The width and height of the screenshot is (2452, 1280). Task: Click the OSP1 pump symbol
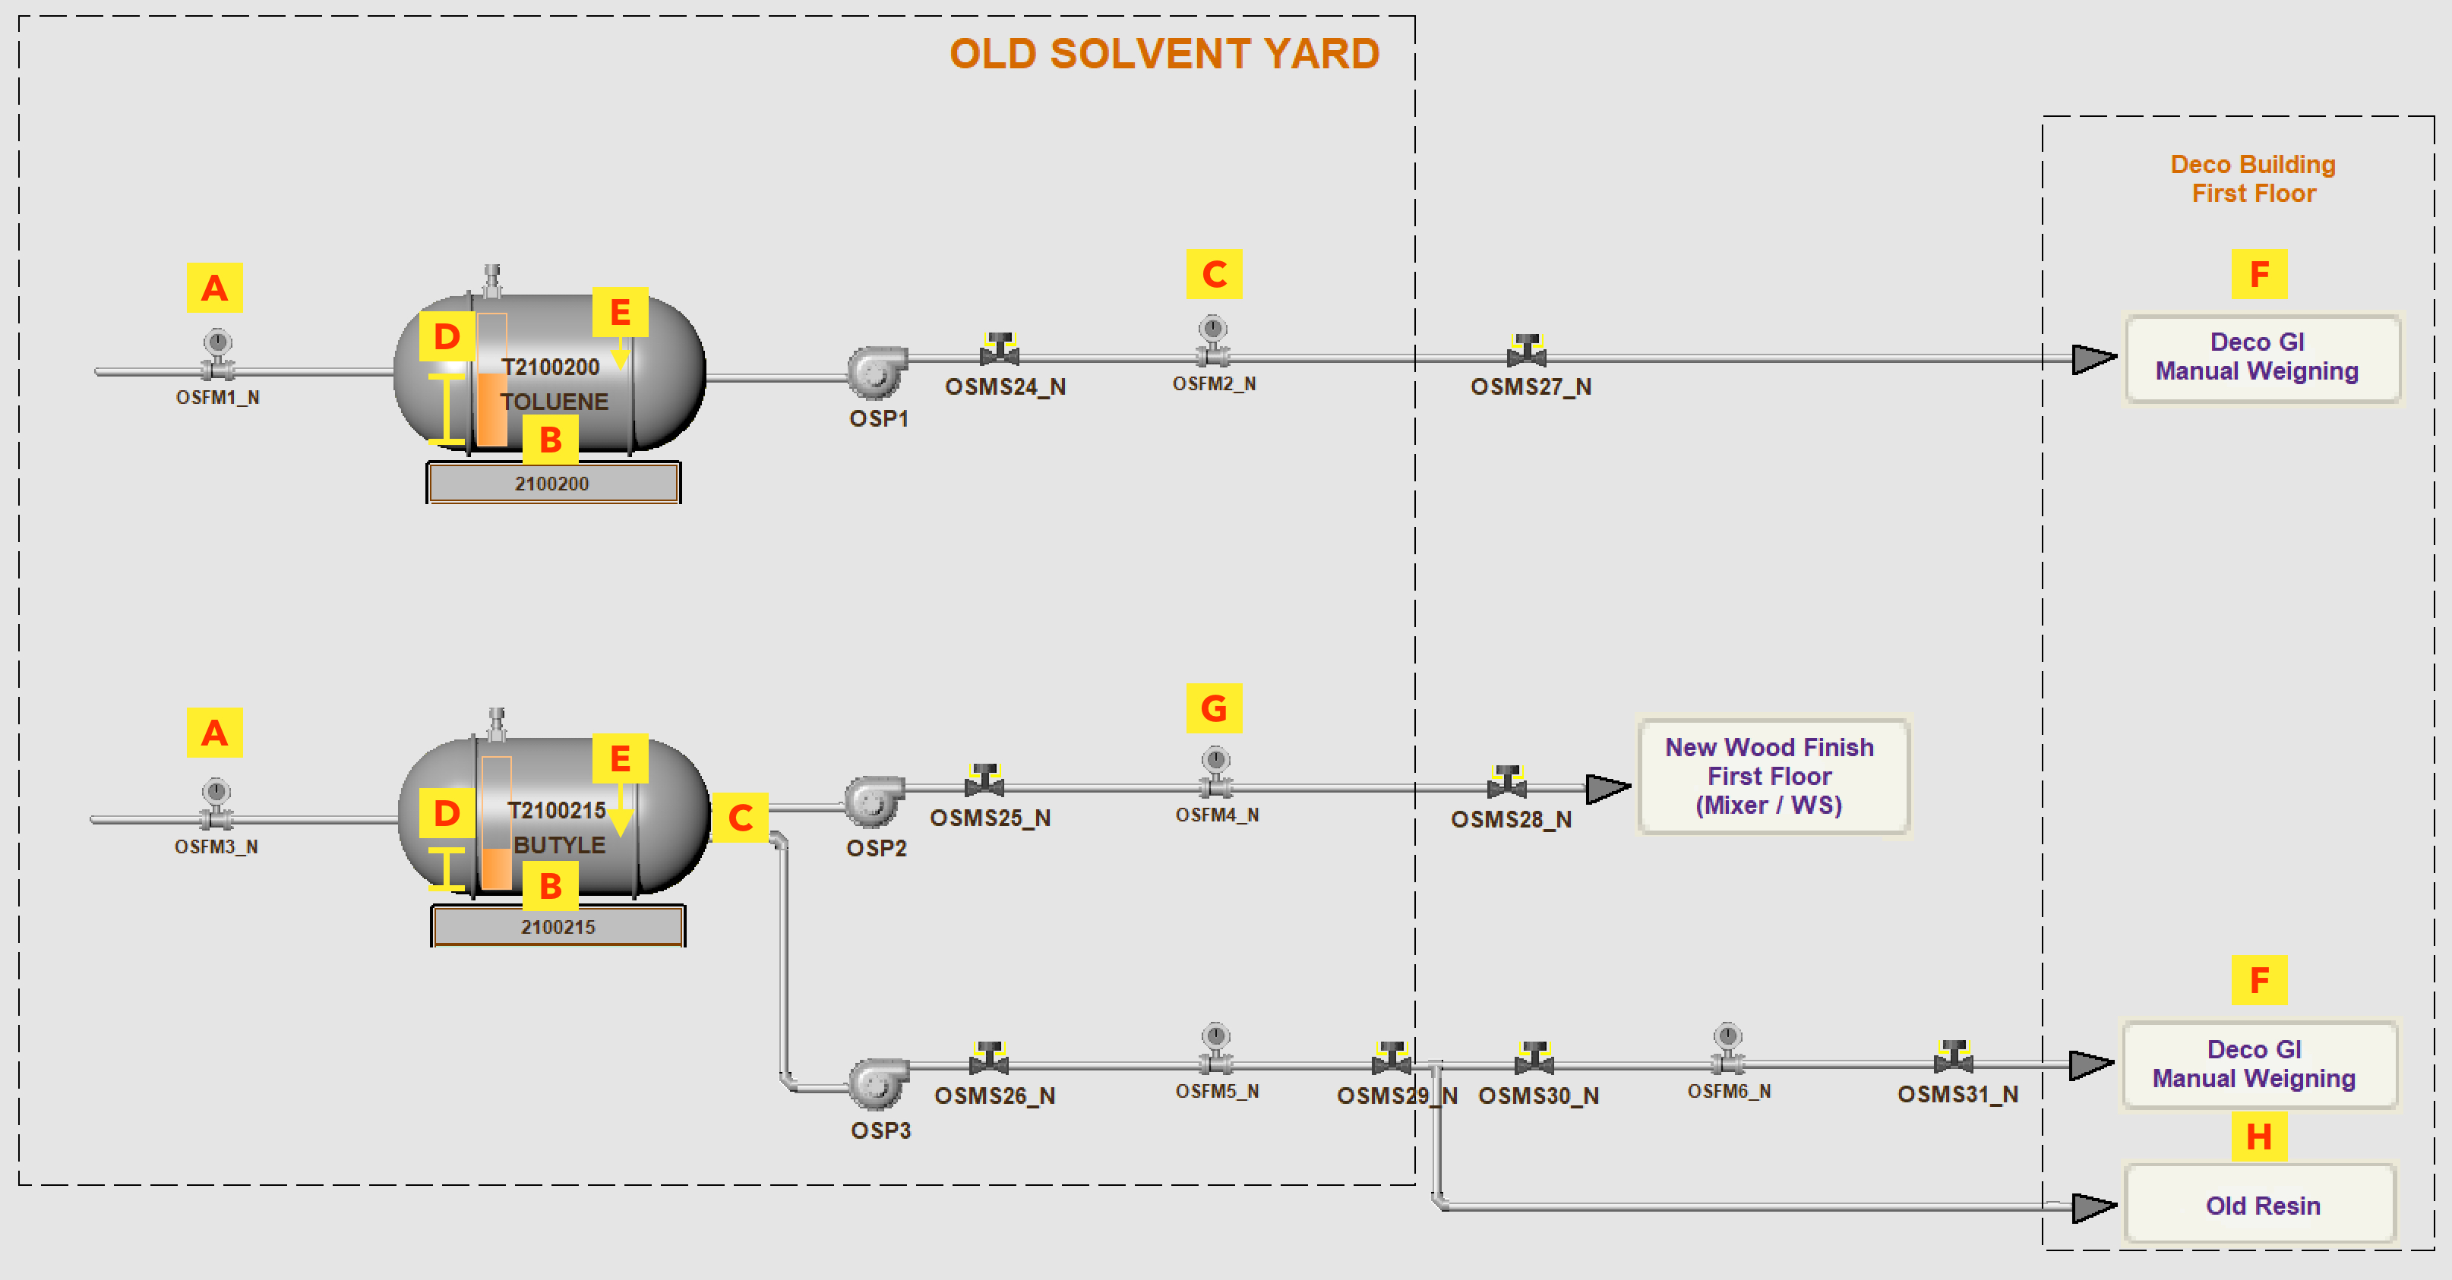(x=876, y=371)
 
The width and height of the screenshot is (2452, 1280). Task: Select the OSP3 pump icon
(x=877, y=1083)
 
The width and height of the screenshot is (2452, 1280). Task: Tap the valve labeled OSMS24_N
(x=1000, y=350)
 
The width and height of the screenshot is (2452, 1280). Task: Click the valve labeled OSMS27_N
(x=1527, y=352)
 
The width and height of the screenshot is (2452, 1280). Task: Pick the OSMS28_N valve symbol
(x=1507, y=781)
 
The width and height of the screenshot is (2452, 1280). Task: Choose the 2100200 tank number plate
(x=553, y=484)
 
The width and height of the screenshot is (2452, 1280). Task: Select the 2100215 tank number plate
(x=558, y=927)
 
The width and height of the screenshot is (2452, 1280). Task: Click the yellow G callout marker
(x=1214, y=708)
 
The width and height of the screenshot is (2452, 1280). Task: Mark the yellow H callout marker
(x=2259, y=1137)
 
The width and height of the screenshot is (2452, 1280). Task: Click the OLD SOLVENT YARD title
(x=1164, y=54)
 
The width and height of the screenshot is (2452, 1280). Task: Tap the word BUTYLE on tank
(x=559, y=845)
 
